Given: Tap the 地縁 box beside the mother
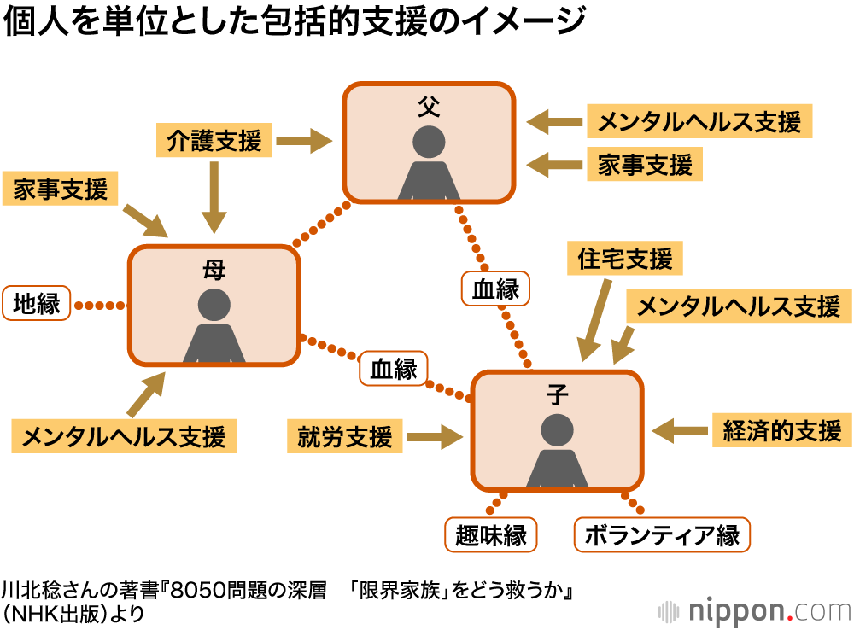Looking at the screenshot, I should click(x=37, y=304).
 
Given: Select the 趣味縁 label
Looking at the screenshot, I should click(x=491, y=535).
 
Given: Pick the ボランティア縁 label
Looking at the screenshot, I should click(x=662, y=535).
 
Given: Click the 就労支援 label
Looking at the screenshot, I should click(x=344, y=437).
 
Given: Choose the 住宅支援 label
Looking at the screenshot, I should click(x=625, y=258).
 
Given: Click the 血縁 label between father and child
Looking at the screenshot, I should click(x=495, y=289).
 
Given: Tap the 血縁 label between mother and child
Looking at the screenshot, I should click(x=394, y=368).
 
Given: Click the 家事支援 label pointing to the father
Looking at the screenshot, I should click(x=645, y=164).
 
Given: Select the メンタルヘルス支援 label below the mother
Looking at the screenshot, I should click(x=124, y=436).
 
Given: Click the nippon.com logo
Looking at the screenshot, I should click(x=755, y=610).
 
